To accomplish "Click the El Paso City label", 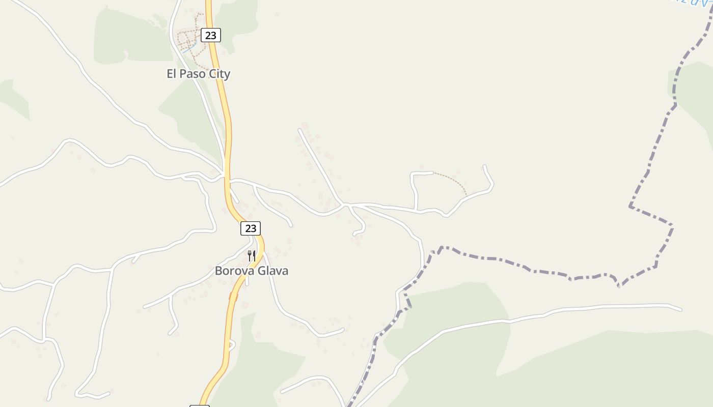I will [x=199, y=74].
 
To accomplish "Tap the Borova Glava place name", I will [x=251, y=271].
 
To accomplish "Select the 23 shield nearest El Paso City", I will [x=211, y=35].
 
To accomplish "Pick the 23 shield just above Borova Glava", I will [x=251, y=228].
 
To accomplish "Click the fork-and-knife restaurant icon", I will [x=251, y=255].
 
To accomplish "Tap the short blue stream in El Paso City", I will [x=188, y=49].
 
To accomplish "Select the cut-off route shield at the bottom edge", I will [x=199, y=405].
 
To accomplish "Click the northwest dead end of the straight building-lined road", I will [x=299, y=130].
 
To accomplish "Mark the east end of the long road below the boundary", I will [x=680, y=309].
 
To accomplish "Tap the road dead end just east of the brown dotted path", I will [x=484, y=166].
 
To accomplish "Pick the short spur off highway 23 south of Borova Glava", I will [x=232, y=345].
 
